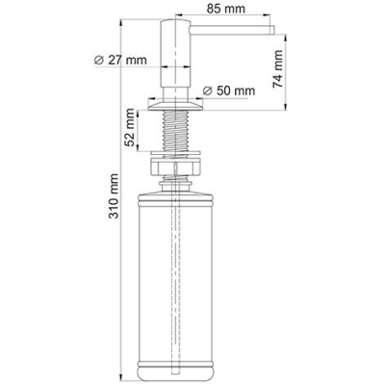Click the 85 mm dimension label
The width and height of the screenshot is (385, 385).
225,9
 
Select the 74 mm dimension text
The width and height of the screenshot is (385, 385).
278,69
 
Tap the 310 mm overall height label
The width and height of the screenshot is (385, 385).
114,196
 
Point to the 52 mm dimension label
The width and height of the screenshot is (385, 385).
130,127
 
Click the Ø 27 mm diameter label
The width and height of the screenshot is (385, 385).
120,60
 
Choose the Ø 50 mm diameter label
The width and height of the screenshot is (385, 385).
229,90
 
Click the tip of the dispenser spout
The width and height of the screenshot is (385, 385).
273,30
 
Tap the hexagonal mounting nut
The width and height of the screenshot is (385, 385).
175,167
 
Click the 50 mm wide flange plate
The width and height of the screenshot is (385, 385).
175,105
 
